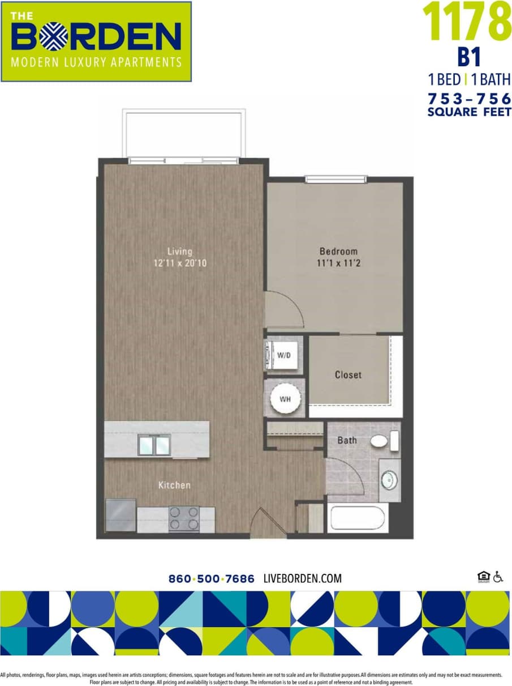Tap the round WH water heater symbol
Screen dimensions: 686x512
pyautogui.click(x=285, y=398)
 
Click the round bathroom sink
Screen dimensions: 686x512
pyautogui.click(x=389, y=480)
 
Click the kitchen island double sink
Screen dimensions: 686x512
pyautogui.click(x=154, y=445)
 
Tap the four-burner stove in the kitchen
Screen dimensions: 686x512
pyautogui.click(x=184, y=517)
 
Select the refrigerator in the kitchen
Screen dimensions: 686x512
pyautogui.click(x=121, y=514)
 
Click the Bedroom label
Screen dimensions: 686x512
pyautogui.click(x=338, y=251)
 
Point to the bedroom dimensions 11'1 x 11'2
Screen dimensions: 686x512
pyautogui.click(x=338, y=263)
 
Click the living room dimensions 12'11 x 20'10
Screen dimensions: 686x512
pyautogui.click(x=180, y=263)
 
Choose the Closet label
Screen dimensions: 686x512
pyautogui.click(x=348, y=374)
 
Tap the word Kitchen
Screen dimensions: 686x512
pyautogui.click(x=174, y=485)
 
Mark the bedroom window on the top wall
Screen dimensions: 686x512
pyautogui.click(x=335, y=180)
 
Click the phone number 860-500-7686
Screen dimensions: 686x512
pyautogui.click(x=212, y=578)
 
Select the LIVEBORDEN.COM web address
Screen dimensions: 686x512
pyautogui.click(x=303, y=578)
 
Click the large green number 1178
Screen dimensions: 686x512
pyautogui.click(x=466, y=22)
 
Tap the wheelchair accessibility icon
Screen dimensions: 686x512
pyautogui.click(x=498, y=577)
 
